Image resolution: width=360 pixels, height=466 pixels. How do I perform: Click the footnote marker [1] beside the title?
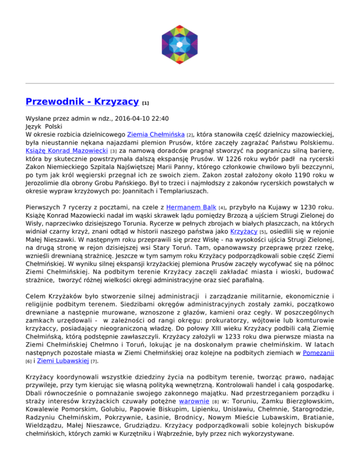pyautogui.click(x=146, y=102)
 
